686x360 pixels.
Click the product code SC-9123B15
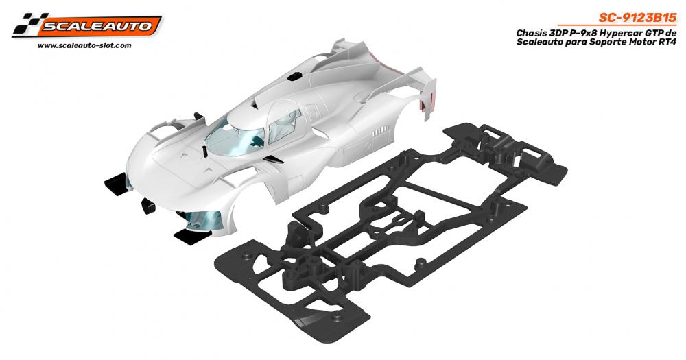(637, 18)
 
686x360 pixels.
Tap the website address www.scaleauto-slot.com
(84, 45)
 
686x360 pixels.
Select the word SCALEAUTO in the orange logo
(97, 26)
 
